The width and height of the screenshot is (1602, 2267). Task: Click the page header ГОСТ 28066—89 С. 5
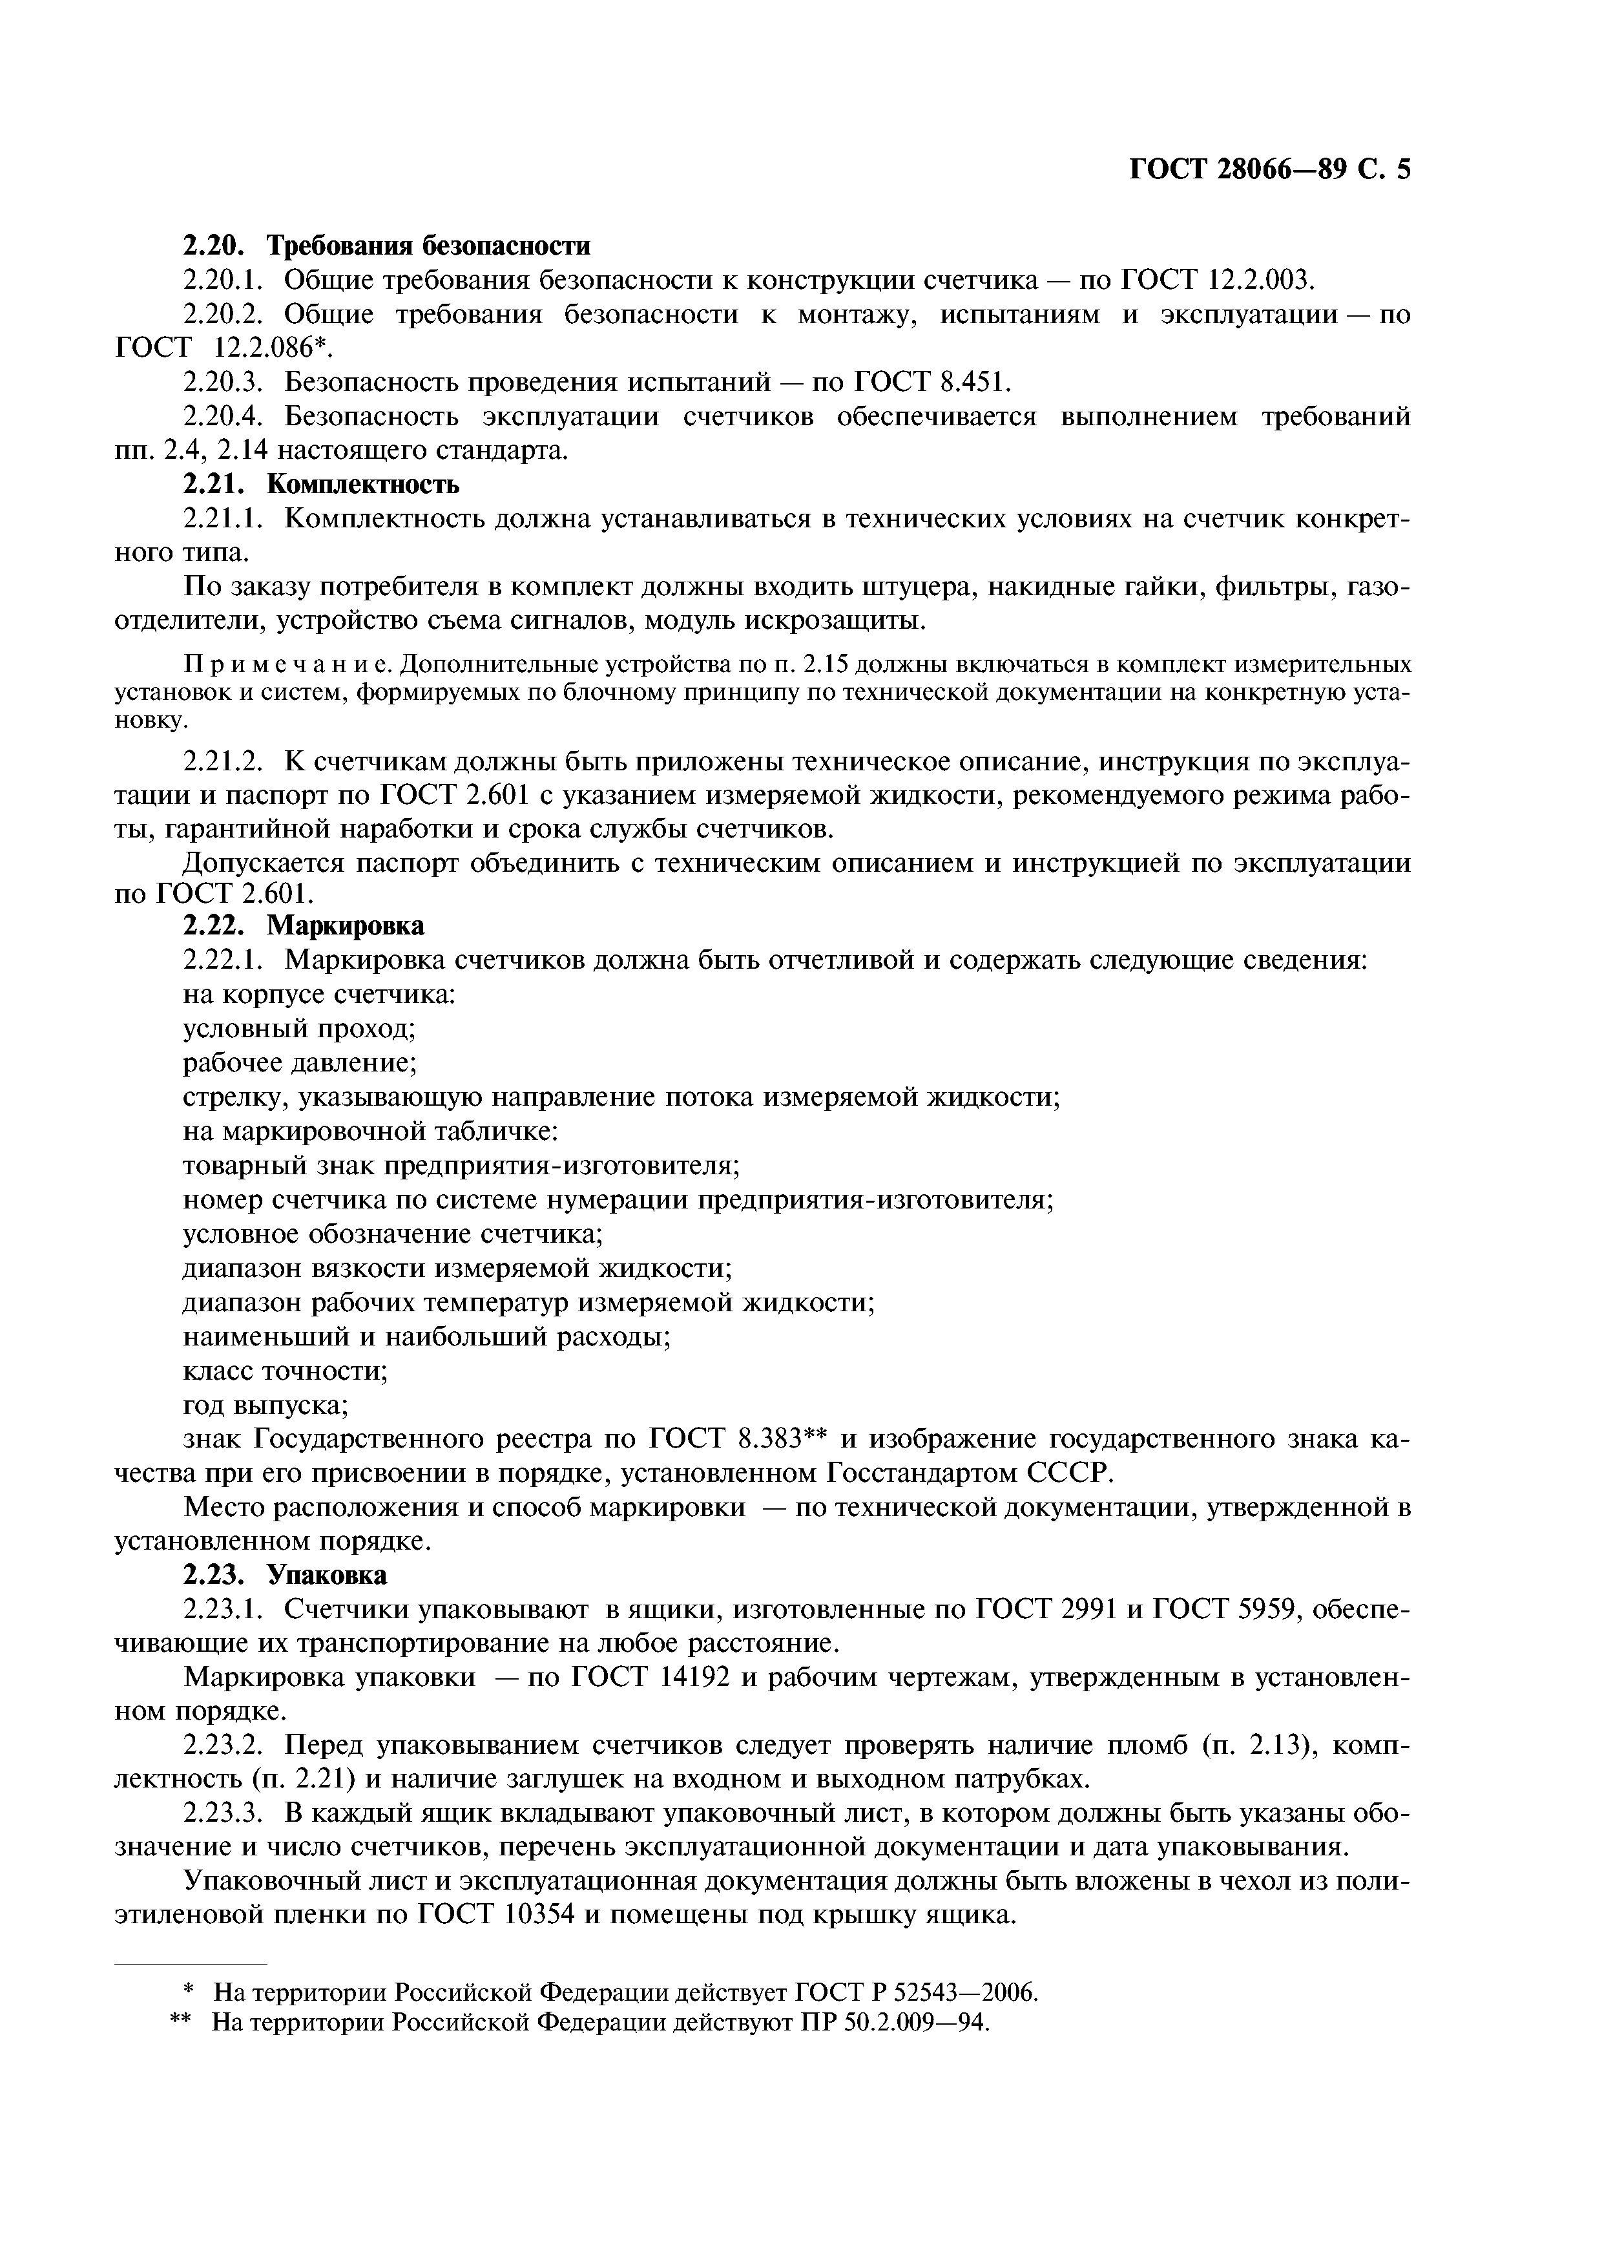[x=1269, y=170]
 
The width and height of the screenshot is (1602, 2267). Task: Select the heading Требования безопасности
[x=430, y=245]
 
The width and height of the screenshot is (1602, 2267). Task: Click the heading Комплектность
[x=363, y=485]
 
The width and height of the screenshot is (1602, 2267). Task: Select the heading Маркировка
[x=346, y=926]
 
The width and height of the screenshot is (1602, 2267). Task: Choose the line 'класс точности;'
[x=286, y=1371]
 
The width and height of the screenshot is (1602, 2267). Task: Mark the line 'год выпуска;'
[x=265, y=1404]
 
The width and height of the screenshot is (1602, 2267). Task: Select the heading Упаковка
[x=329, y=1575]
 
